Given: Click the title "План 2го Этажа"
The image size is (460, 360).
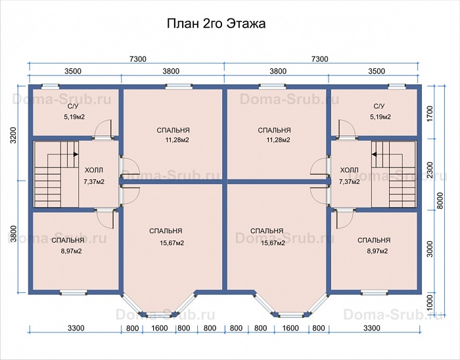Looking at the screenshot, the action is coord(216,24).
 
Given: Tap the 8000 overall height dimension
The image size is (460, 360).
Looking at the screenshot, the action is coord(440,201).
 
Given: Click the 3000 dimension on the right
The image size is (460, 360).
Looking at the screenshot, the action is coord(430,249).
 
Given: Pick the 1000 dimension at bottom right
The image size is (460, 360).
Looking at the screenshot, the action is coord(430,303).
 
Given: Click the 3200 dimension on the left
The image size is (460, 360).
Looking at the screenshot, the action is coord(12,135).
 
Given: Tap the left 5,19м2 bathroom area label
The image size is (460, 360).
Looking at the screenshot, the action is coord(74,117).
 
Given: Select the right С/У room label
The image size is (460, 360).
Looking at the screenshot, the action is coord(379,106).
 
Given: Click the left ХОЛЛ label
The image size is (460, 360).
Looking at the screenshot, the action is coord(94,170).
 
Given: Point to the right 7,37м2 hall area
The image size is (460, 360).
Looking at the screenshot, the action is coord(350,182).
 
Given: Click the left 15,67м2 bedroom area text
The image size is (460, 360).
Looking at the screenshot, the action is coord(172,243).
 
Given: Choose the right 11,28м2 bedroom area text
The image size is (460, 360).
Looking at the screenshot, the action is coord(278,140).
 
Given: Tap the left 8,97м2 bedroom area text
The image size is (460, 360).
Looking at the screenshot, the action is coord(71,251).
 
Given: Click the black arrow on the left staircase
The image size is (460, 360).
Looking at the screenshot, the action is coord(76,154).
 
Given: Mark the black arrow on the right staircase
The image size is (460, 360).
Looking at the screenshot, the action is coord(374,154).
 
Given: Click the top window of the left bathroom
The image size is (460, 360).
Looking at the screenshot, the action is coord(50,86).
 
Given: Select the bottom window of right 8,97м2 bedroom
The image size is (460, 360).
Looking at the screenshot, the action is coord(375,292).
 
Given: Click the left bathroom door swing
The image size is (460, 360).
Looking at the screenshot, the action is coord(104,128).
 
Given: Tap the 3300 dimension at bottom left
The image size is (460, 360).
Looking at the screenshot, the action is coord(76,328).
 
